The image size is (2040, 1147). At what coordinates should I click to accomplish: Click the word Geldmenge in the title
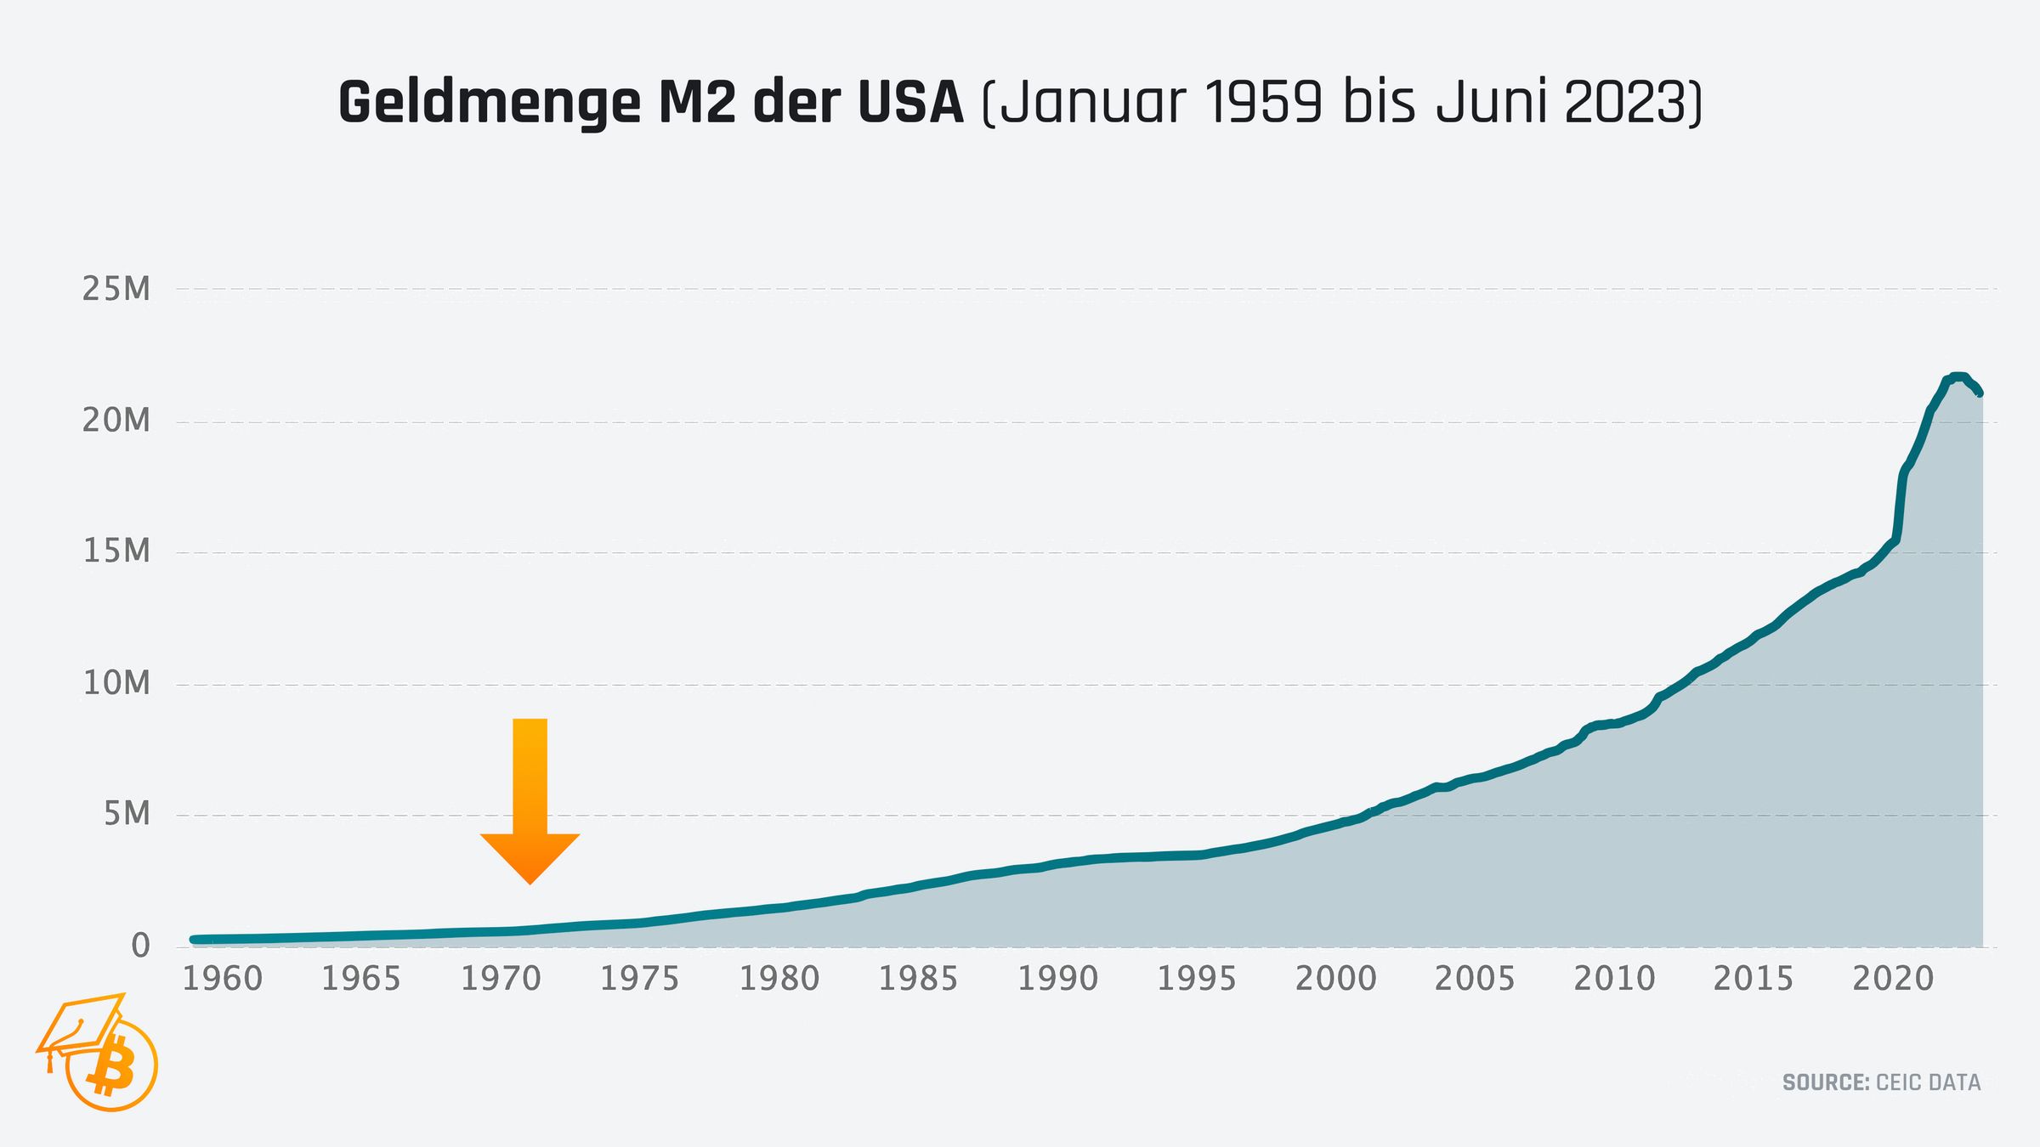(490, 104)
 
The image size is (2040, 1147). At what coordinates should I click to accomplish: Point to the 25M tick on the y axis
(116, 290)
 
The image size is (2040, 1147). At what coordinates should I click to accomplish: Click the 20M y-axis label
(116, 421)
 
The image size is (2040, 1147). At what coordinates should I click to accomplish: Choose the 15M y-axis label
(116, 552)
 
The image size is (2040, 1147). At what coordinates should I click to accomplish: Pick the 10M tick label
(116, 683)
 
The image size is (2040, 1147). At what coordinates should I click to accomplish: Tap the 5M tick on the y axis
(127, 814)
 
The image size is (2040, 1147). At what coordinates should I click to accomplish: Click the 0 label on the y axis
(140, 946)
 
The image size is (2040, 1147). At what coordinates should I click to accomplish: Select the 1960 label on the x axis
(223, 980)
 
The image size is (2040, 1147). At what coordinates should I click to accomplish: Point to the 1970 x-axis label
(501, 980)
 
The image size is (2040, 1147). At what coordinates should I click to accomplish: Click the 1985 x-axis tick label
(918, 980)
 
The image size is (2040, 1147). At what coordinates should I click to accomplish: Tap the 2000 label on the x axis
(1335, 980)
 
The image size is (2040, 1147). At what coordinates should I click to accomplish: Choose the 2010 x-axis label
(1614, 980)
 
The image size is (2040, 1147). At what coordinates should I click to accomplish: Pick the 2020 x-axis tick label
(1892, 980)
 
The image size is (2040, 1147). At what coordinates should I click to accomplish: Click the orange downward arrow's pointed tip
(530, 882)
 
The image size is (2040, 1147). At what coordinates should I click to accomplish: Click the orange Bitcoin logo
(111, 1066)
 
